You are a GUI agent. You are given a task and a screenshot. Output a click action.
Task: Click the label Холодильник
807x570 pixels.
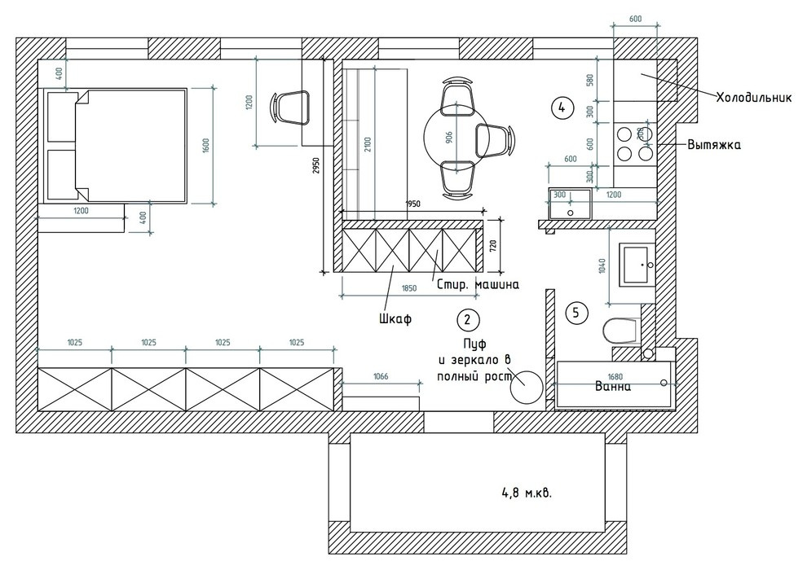[x=754, y=97]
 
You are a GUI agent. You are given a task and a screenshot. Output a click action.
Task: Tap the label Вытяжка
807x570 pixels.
[x=713, y=146]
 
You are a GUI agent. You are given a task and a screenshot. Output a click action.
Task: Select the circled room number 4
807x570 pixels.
[x=560, y=106]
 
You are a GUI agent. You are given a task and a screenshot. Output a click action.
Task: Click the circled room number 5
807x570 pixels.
[x=576, y=312]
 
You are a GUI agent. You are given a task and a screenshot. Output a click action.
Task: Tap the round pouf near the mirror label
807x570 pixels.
[x=525, y=386]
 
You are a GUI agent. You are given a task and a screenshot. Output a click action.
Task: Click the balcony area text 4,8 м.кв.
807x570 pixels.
[x=531, y=493]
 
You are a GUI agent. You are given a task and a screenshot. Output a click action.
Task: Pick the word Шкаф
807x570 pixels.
[x=395, y=319]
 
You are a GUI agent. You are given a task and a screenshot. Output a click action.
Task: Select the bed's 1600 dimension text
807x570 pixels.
[x=206, y=146]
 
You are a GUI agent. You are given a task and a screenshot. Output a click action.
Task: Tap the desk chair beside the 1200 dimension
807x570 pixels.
[x=291, y=107]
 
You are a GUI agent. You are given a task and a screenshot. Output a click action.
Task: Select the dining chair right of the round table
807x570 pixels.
[x=495, y=138]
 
